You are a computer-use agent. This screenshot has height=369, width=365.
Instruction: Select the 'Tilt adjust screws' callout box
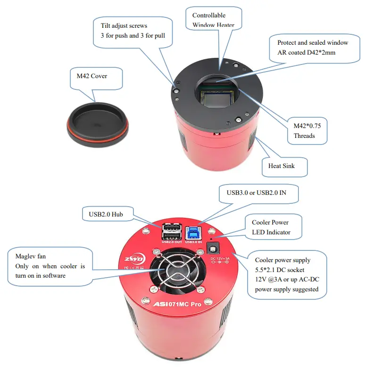click(133, 31)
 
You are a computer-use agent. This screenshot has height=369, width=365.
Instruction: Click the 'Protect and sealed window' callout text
click(313, 47)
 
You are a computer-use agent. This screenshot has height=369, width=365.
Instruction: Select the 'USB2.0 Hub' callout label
click(108, 214)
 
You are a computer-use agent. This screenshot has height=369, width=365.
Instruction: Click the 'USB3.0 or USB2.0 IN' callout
click(259, 192)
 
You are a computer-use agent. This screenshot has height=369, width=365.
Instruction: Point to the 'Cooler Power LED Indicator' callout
click(271, 227)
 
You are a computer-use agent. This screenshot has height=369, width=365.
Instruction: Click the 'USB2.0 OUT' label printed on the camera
click(171, 242)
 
